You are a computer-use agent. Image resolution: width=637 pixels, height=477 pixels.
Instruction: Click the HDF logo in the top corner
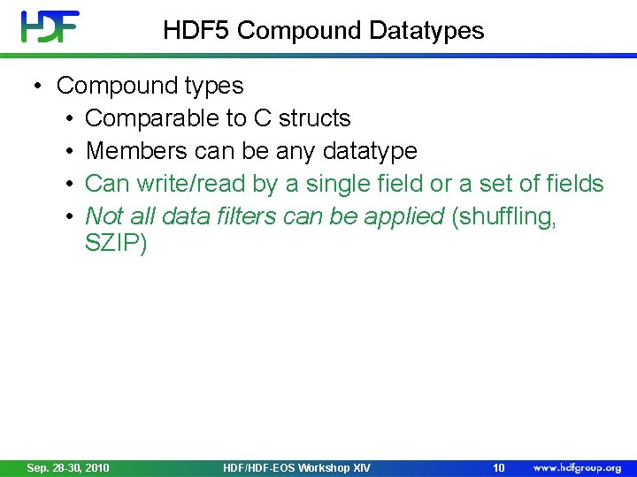click(50, 26)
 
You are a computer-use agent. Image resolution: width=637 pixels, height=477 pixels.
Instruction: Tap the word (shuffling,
click(504, 216)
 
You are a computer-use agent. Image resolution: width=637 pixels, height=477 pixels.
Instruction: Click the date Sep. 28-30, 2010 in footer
click(68, 467)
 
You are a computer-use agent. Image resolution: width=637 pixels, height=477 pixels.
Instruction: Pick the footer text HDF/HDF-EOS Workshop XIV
click(297, 467)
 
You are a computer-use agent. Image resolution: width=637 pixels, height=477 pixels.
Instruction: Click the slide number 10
click(498, 467)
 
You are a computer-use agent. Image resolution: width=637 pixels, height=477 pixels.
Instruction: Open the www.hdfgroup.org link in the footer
click(577, 467)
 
